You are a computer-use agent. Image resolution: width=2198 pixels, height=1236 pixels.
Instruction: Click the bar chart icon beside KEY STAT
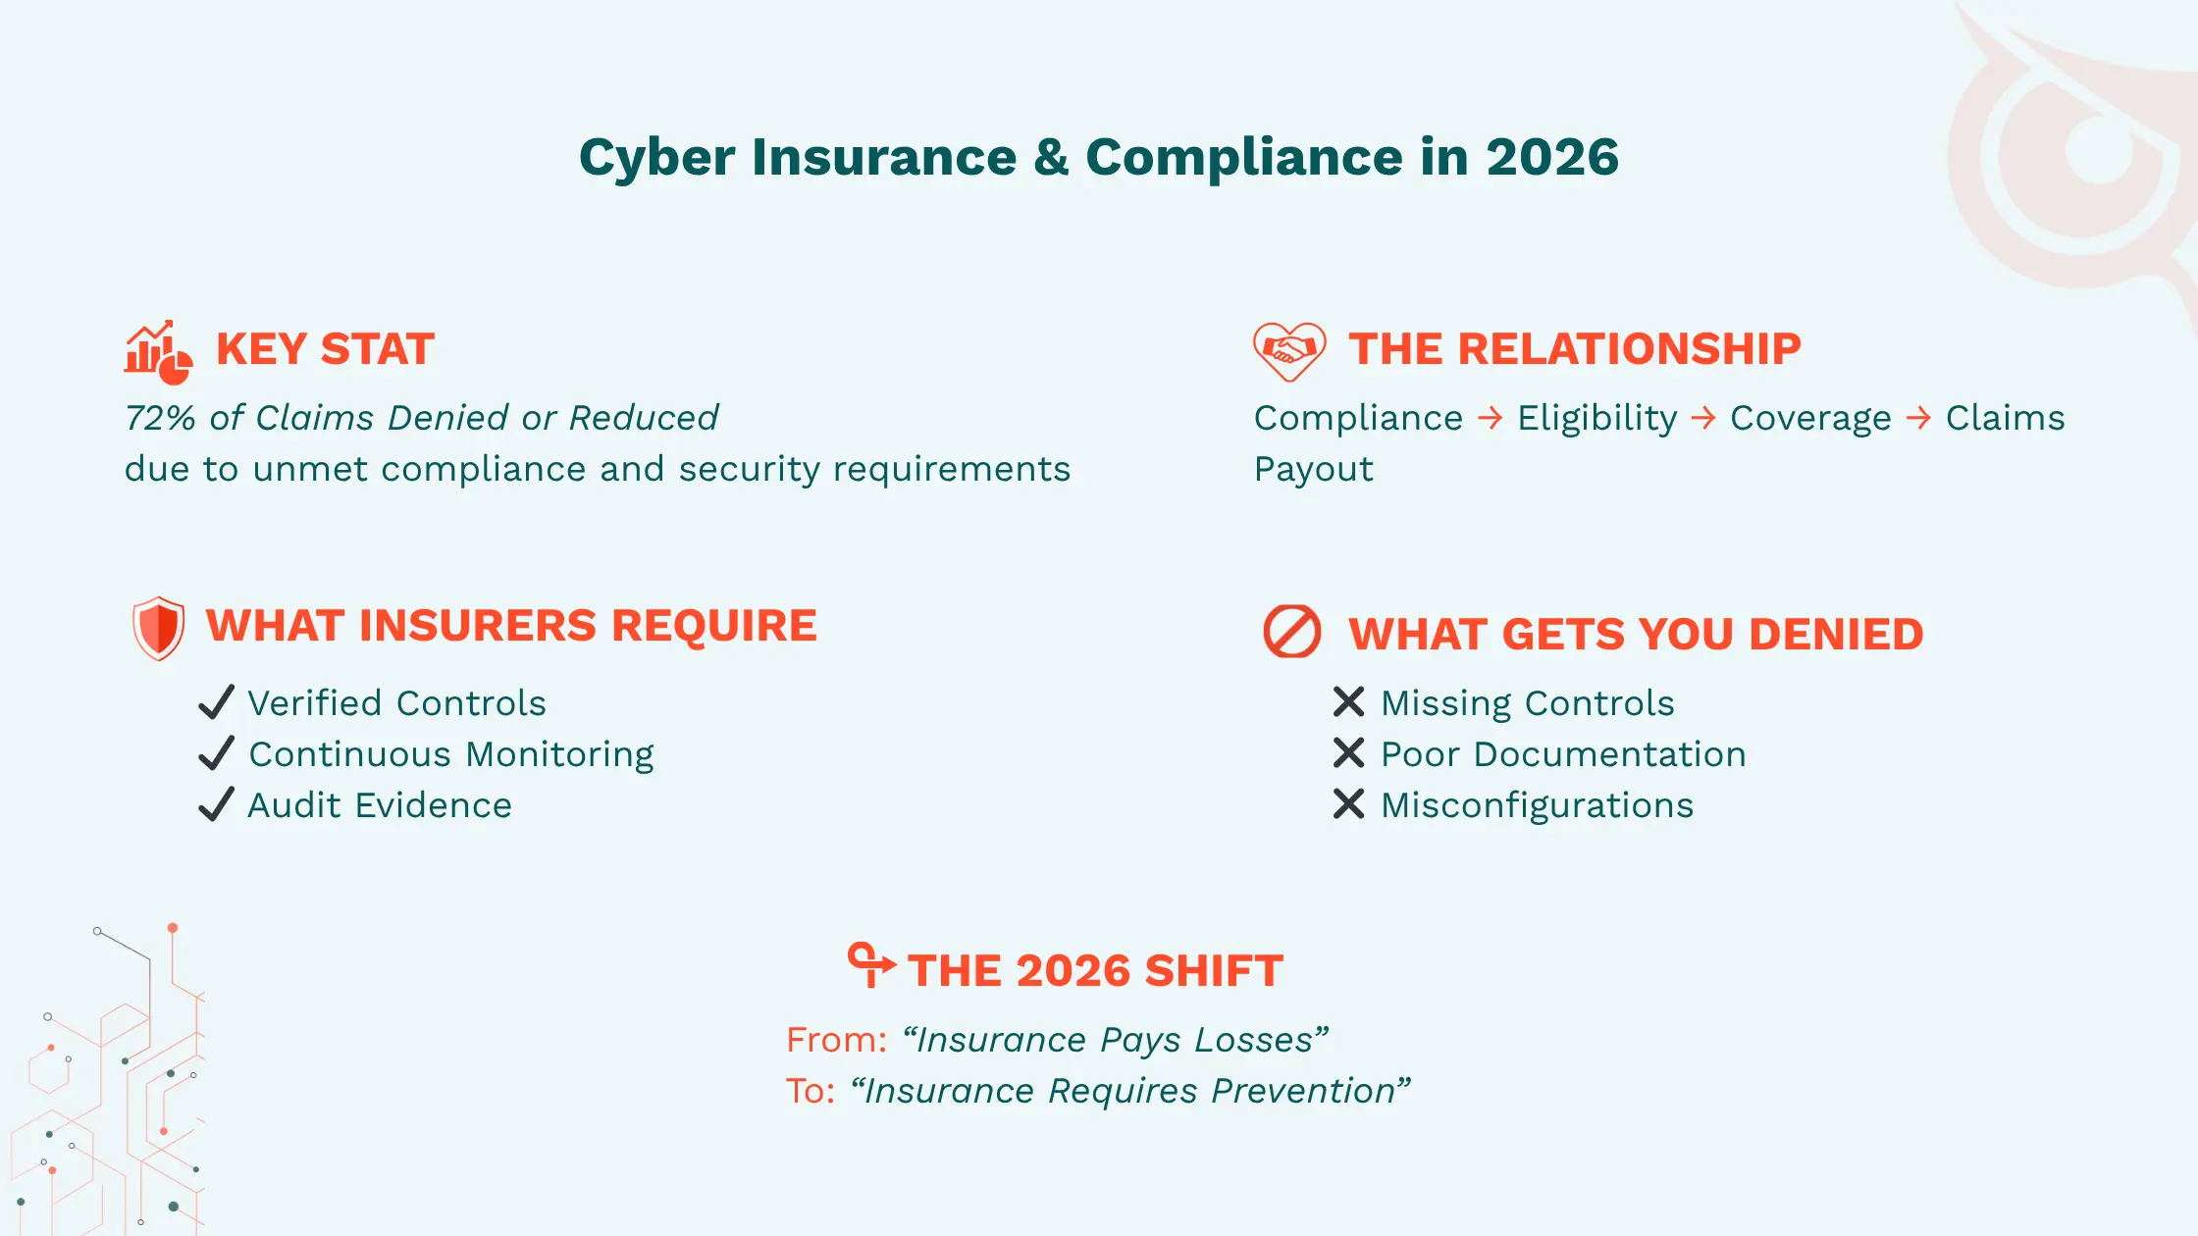[x=157, y=351]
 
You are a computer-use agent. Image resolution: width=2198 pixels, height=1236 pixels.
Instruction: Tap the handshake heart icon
[x=1289, y=350]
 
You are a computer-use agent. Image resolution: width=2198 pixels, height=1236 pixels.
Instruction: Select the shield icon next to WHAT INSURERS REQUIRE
[x=158, y=628]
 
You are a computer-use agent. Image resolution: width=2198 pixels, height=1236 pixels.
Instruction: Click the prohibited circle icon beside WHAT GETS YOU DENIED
[x=1291, y=632]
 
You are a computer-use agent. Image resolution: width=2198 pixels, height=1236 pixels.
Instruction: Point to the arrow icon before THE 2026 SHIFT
[x=870, y=964]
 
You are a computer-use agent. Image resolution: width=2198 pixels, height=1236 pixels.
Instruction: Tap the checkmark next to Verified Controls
[x=216, y=702]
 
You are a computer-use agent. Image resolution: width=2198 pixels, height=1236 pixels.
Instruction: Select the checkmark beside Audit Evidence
[x=216, y=804]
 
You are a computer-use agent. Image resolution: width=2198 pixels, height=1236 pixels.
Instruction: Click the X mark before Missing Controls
[x=1348, y=702]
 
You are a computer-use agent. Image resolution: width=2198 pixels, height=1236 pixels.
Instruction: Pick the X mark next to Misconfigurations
[x=1348, y=804]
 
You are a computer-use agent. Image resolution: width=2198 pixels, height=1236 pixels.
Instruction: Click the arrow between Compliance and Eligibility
[x=1490, y=418]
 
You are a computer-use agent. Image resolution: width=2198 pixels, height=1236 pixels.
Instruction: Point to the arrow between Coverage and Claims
[x=1917, y=418]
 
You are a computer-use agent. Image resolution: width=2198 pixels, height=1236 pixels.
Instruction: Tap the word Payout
[x=1313, y=469]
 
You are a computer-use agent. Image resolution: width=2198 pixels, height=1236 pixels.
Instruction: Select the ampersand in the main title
[x=1050, y=157]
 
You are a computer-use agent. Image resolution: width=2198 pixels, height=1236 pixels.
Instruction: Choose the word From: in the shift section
[x=836, y=1040]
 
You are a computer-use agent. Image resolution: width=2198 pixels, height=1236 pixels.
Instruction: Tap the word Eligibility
[x=1596, y=418]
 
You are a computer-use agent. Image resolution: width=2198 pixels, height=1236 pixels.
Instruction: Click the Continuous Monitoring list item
[x=451, y=754]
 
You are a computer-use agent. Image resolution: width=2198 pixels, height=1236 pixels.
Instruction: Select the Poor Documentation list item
[x=1563, y=754]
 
